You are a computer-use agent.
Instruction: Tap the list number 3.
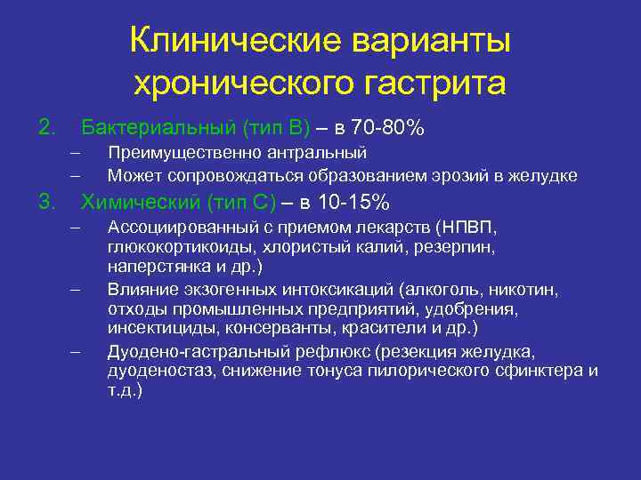(47, 202)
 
